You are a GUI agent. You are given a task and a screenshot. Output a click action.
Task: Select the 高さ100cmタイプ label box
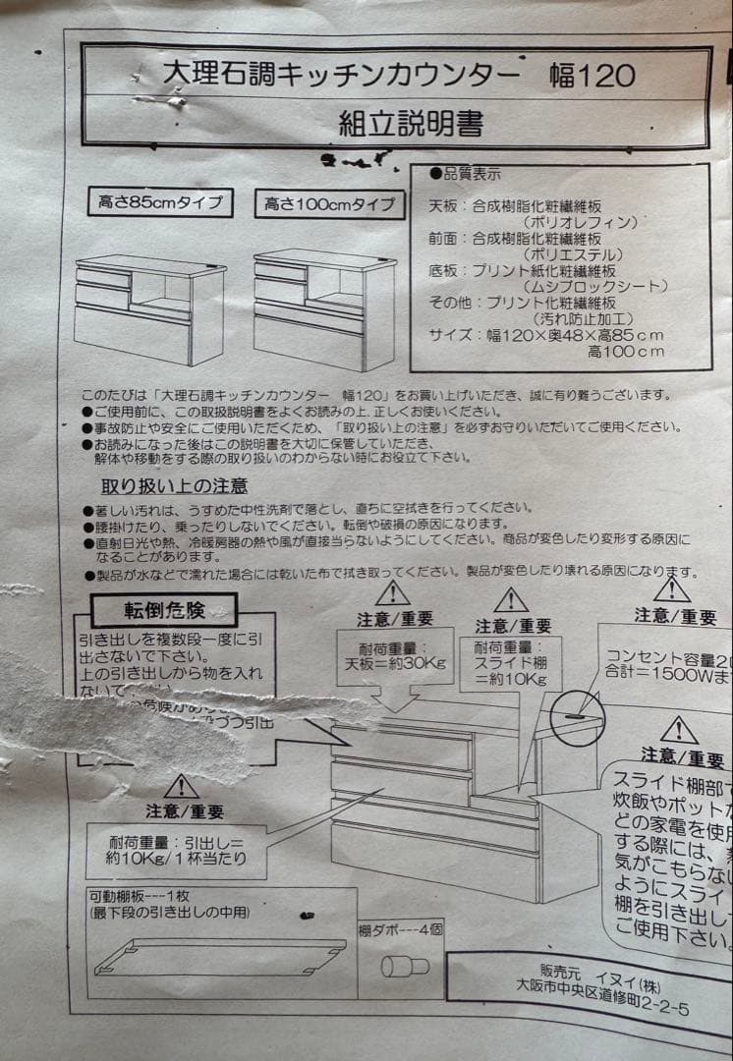330,204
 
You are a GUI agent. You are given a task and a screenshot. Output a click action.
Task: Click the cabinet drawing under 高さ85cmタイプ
149,307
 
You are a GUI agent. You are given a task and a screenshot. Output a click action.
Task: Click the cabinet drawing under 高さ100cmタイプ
323,309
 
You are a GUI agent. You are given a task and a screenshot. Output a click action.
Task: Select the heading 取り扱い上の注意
174,485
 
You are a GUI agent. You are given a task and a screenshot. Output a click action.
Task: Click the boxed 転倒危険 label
164,610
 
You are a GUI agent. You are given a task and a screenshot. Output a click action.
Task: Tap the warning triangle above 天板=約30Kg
392,592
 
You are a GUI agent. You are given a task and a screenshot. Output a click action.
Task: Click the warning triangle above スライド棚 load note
510,599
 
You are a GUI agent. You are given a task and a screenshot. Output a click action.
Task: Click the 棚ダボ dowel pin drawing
405,965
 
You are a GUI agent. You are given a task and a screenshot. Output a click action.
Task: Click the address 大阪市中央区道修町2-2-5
603,1008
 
